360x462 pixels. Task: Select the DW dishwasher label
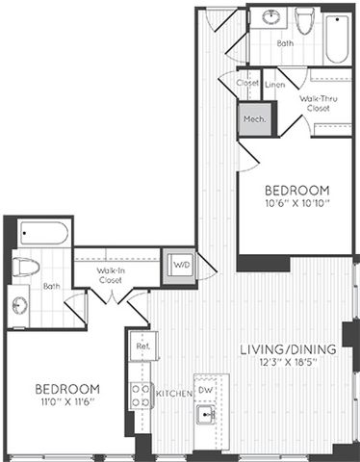tap(205, 390)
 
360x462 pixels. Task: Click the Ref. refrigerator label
tap(142, 345)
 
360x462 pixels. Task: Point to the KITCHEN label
tap(173, 393)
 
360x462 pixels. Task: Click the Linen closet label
tap(275, 86)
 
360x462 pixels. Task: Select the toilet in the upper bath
tap(304, 22)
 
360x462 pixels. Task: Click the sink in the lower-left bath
tap(21, 305)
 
